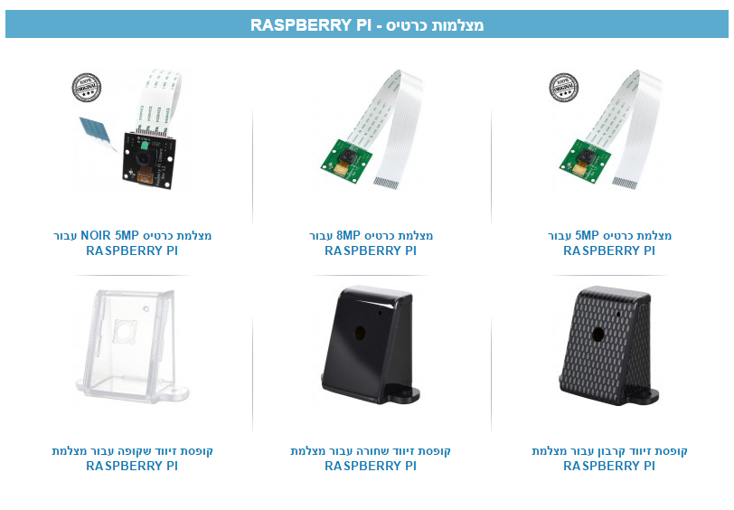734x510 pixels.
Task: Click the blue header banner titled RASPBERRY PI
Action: pyautogui.click(x=366, y=24)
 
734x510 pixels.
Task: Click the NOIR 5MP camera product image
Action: pyautogui.click(x=136, y=131)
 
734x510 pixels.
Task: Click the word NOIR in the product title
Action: pyautogui.click(x=99, y=236)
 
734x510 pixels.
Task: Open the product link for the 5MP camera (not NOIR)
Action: pyautogui.click(x=609, y=243)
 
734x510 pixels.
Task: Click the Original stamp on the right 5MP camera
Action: pyautogui.click(x=563, y=88)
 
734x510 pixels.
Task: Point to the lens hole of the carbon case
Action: pyautogui.click(x=598, y=333)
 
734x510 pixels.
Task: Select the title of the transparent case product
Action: pyautogui.click(x=132, y=458)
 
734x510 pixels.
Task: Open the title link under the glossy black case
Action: pyautogui.click(x=371, y=458)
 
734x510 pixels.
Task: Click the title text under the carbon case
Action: pyautogui.click(x=609, y=458)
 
